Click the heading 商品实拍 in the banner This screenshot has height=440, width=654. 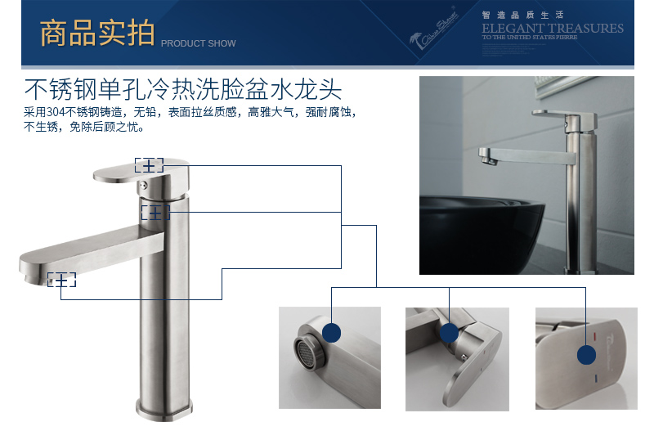(x=96, y=34)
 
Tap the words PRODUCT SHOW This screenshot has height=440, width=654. (x=198, y=43)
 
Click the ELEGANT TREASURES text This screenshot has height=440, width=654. (x=552, y=29)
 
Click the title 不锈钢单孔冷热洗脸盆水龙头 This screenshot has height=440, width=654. (x=182, y=88)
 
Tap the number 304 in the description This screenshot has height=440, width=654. (x=55, y=111)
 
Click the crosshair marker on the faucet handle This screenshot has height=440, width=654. (x=149, y=165)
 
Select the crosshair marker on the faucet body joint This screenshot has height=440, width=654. (x=155, y=213)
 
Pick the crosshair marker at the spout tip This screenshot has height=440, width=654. (x=61, y=280)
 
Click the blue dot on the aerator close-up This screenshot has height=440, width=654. (x=331, y=332)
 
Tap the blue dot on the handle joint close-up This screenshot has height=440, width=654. (x=449, y=333)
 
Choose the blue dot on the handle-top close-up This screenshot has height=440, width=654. (x=586, y=355)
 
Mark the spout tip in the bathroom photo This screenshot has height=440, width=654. (x=486, y=155)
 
